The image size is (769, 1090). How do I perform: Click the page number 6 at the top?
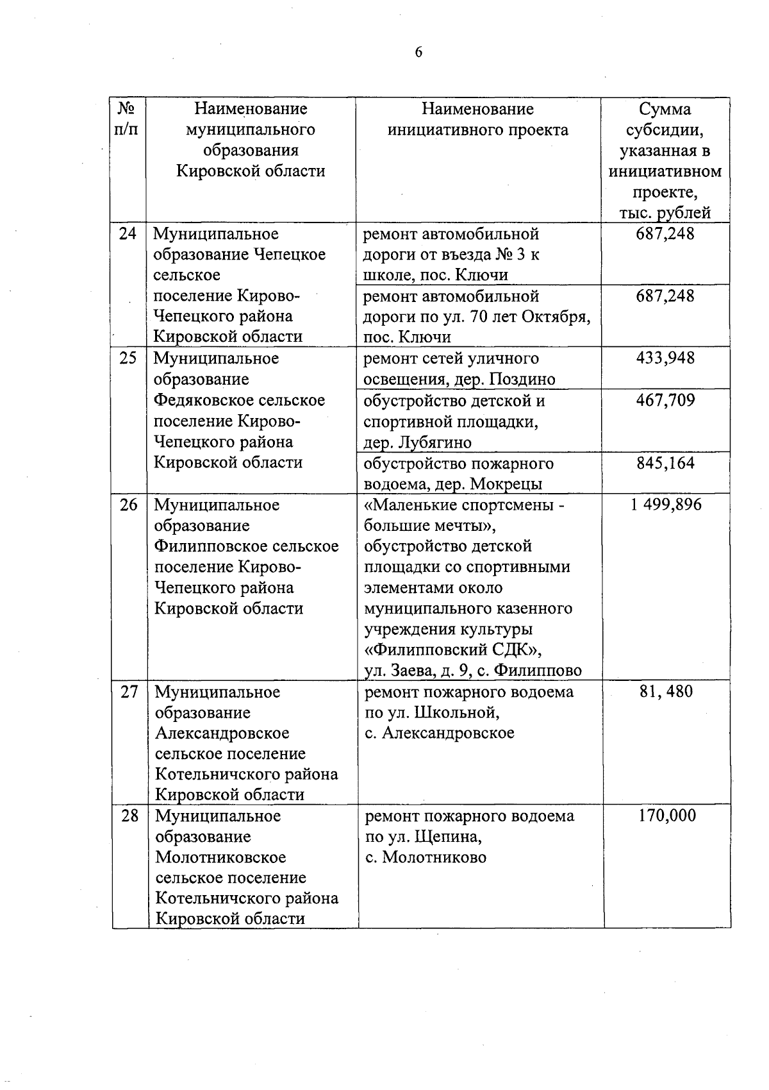click(418, 53)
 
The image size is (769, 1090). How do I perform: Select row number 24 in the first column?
click(128, 233)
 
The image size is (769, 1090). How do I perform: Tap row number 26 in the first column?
click(129, 505)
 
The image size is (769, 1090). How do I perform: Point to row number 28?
click(129, 816)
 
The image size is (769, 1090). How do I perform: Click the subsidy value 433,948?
click(665, 358)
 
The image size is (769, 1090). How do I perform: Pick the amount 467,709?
click(665, 401)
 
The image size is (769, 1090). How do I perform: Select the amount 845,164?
click(665, 463)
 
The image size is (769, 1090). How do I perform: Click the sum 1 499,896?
click(665, 505)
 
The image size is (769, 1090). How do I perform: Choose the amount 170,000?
click(666, 816)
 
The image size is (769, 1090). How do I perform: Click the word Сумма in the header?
click(665, 109)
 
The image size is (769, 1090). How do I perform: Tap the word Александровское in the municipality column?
click(222, 733)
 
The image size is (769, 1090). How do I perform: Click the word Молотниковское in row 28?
click(220, 857)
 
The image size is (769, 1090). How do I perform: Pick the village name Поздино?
click(522, 380)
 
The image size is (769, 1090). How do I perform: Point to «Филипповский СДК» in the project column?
click(453, 650)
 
